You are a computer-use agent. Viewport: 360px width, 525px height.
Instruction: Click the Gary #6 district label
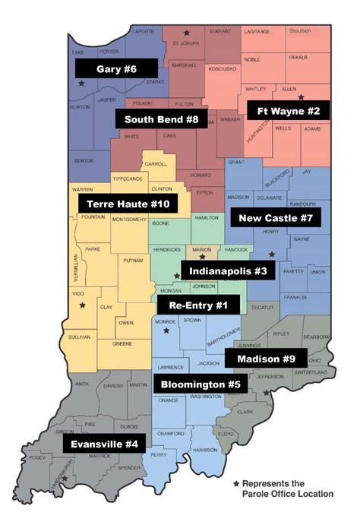coord(116,69)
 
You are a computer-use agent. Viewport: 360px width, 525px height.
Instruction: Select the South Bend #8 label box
coord(161,119)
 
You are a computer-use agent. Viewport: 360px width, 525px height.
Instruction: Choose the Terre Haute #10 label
coord(128,204)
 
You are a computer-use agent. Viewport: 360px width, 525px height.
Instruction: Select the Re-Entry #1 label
coord(198,305)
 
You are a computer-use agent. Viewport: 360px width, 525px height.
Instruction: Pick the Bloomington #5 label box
coord(201,384)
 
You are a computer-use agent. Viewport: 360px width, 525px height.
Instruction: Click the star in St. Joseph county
coord(187,33)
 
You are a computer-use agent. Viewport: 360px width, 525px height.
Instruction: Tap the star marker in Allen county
coord(301,97)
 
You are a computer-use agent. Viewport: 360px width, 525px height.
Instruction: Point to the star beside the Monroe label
coord(166,331)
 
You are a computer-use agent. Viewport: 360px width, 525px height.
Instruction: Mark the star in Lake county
coord(81,83)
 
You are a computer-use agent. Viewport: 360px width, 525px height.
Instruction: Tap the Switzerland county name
coord(312,372)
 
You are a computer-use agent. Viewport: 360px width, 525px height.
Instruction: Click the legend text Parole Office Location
coord(288,494)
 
